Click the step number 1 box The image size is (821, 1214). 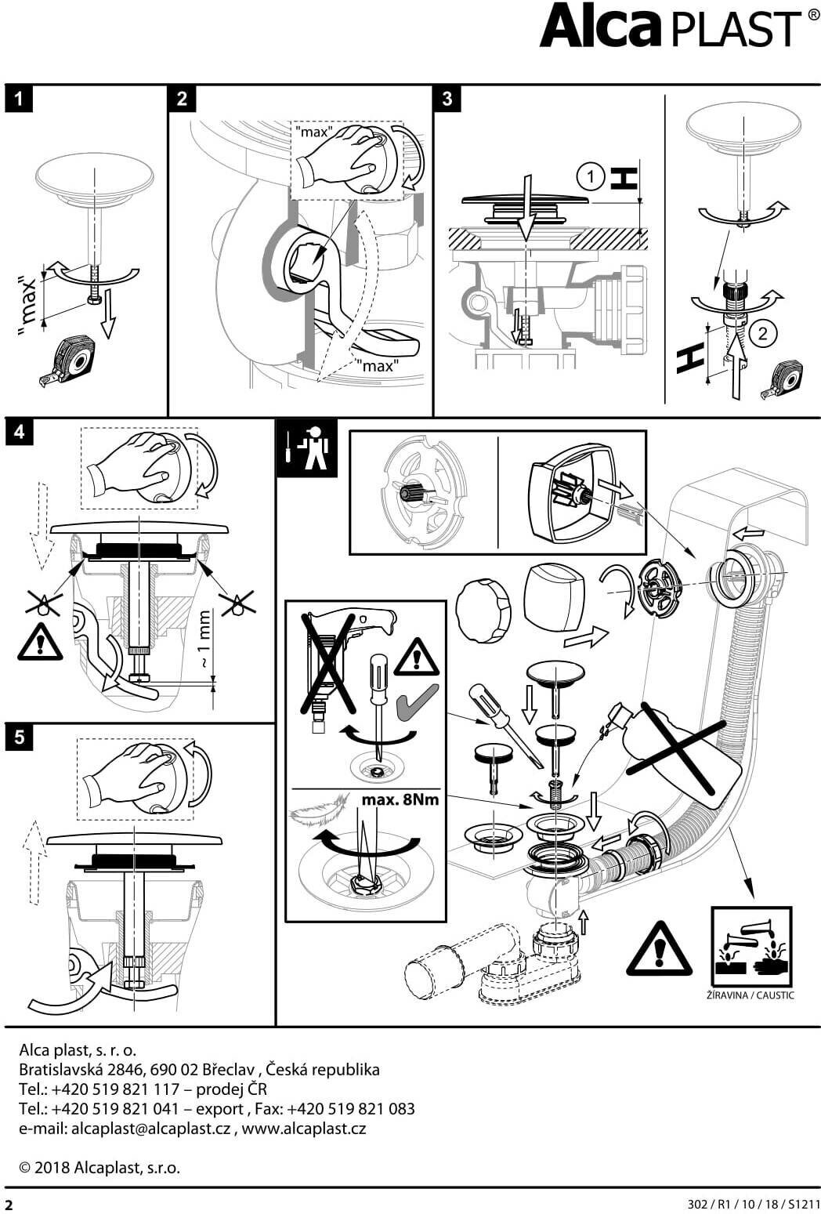[x=19, y=99]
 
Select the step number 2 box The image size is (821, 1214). [x=183, y=99]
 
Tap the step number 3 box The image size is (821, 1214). [x=447, y=99]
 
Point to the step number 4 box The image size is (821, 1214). [x=19, y=432]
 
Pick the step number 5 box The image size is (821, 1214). [x=19, y=737]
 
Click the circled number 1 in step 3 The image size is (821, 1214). [x=591, y=177]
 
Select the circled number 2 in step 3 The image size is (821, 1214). [x=762, y=333]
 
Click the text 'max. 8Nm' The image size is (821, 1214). [x=400, y=800]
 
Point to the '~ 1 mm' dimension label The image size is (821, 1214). [x=204, y=640]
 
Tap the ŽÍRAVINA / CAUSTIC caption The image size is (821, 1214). [x=750, y=995]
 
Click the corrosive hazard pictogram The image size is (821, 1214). [x=750, y=948]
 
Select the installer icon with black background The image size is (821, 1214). [x=306, y=448]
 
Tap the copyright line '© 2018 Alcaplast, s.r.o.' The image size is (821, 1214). [x=99, y=1168]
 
